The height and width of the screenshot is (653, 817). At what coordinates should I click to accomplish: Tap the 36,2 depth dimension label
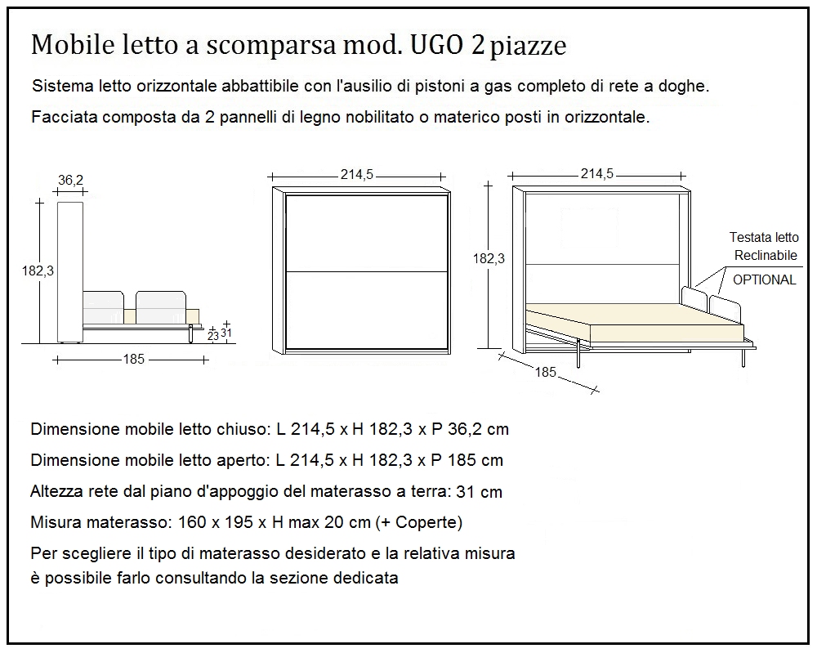click(71, 181)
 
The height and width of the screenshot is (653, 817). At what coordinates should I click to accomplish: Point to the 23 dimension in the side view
click(212, 336)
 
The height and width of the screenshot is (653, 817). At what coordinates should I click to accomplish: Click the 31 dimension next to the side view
click(227, 332)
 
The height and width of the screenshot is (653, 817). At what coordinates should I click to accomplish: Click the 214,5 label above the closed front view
click(357, 173)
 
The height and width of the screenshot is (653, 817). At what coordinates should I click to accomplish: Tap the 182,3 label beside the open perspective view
click(489, 258)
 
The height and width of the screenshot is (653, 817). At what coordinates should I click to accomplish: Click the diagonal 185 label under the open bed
click(546, 372)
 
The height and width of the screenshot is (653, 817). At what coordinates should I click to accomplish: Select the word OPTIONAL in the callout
click(764, 280)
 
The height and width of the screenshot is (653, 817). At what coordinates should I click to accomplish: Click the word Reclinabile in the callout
click(765, 256)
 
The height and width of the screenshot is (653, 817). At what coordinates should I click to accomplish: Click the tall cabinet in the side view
click(70, 270)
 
